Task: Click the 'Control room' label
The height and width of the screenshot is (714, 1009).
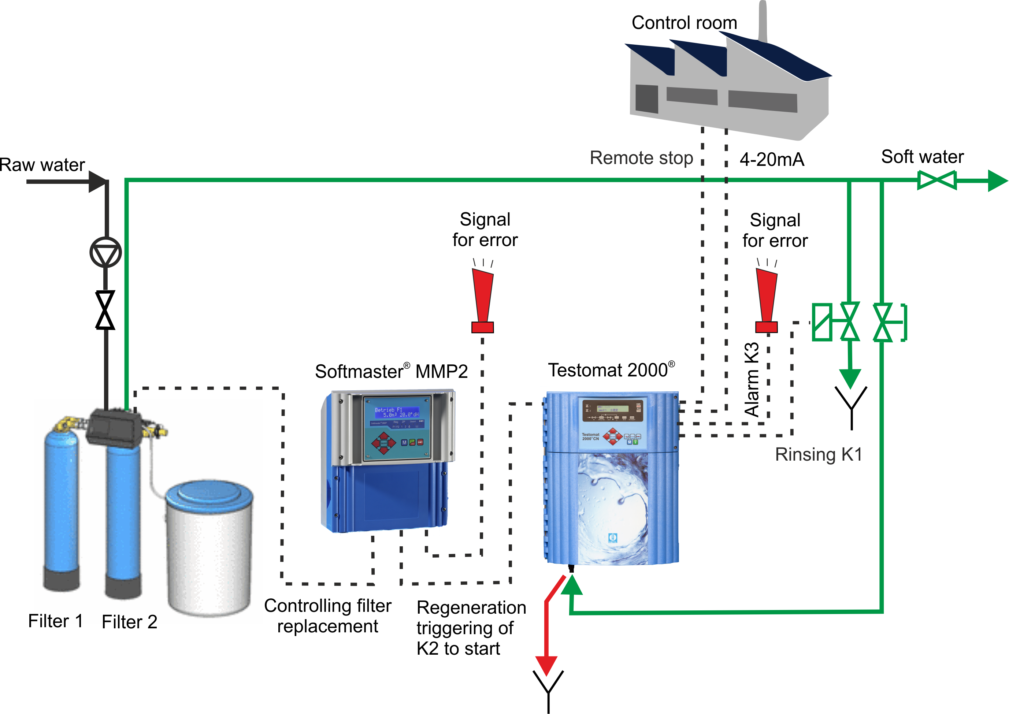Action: pyautogui.click(x=684, y=23)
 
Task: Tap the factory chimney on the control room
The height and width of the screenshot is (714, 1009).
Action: pyautogui.click(x=763, y=22)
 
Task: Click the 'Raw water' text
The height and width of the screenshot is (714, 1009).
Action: pyautogui.click(x=42, y=165)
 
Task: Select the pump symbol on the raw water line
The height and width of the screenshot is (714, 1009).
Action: pyautogui.click(x=105, y=252)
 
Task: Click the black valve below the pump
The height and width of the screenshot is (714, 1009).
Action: pyautogui.click(x=105, y=310)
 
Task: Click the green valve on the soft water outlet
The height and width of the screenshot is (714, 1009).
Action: pyautogui.click(x=937, y=180)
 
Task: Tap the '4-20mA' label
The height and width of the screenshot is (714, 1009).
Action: pyautogui.click(x=772, y=159)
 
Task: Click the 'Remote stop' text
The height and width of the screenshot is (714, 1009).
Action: pyautogui.click(x=641, y=158)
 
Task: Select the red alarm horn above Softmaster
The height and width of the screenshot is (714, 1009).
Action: pyautogui.click(x=483, y=299)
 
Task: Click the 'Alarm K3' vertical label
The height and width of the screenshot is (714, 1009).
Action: pyautogui.click(x=752, y=379)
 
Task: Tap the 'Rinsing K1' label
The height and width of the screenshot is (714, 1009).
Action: pyautogui.click(x=818, y=454)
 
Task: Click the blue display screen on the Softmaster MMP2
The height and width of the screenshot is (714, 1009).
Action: pyautogui.click(x=396, y=412)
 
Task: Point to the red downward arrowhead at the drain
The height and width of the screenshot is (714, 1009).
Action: pyautogui.click(x=546, y=665)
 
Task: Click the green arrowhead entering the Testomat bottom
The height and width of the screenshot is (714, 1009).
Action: pyautogui.click(x=572, y=585)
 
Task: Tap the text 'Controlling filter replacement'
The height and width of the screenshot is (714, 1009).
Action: pyautogui.click(x=327, y=616)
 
